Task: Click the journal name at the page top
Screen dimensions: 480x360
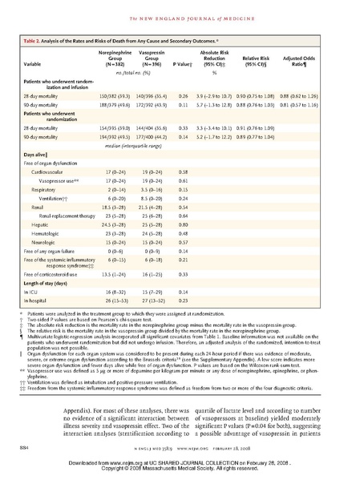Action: pyautogui.click(x=180, y=10)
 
